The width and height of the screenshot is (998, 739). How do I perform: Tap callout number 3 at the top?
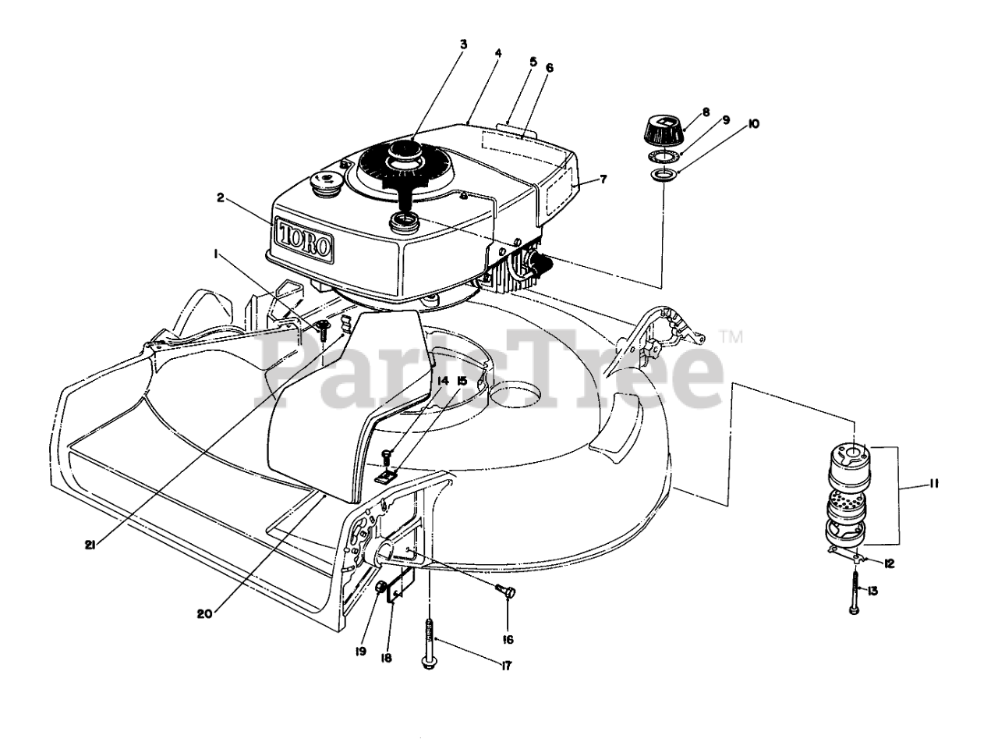463,44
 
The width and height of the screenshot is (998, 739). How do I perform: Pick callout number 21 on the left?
90,545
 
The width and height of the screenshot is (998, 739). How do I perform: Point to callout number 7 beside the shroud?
603,179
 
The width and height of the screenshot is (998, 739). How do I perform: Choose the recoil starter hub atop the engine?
405,153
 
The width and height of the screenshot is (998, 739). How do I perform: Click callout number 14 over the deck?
443,381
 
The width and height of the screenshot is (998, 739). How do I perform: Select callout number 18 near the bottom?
386,657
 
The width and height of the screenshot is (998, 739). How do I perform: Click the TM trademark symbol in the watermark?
731,337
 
